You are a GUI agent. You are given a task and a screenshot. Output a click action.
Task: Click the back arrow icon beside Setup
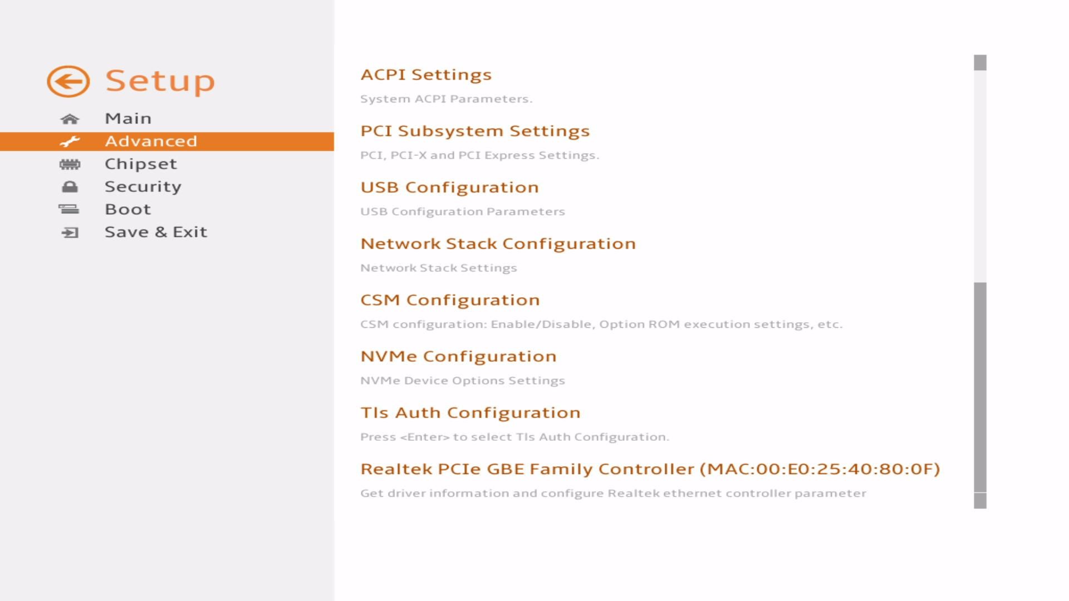coord(68,81)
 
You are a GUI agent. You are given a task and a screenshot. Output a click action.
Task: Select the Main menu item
coord(128,119)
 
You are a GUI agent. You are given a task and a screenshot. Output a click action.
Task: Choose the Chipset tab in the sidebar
coord(141,164)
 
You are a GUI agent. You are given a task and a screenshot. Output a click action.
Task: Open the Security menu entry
coord(143,187)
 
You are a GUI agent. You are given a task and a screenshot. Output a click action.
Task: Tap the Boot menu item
coord(128,209)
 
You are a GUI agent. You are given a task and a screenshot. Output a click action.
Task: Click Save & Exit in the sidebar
coord(156,232)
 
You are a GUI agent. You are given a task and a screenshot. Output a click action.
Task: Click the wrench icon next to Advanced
coord(70,141)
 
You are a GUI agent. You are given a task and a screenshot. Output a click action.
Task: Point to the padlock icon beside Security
coord(70,187)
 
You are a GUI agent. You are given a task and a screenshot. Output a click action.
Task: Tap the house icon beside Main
coord(70,119)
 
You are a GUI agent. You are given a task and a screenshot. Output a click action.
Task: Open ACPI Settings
coord(426,75)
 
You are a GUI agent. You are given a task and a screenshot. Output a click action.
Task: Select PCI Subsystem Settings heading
coord(475,131)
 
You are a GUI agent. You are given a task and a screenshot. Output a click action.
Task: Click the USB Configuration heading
coord(449,188)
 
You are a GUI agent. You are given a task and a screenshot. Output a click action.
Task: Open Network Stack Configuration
coord(498,244)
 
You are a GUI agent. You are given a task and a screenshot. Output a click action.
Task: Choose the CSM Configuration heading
coord(450,300)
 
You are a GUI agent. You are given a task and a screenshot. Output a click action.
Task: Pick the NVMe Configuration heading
coord(458,356)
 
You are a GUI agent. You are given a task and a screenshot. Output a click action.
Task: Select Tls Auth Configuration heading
coord(470,413)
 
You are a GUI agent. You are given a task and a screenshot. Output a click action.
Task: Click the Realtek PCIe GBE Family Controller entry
coord(650,469)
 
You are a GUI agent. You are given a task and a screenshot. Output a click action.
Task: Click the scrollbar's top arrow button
coord(980,62)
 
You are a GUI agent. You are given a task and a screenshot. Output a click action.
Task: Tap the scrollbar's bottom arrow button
coord(980,501)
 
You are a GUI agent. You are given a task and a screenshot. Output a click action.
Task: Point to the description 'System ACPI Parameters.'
coord(447,99)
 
